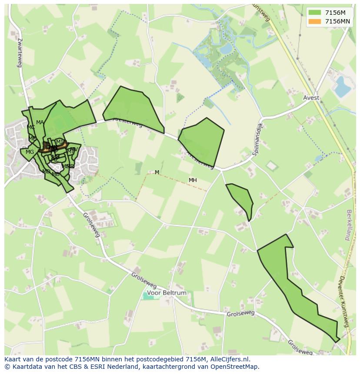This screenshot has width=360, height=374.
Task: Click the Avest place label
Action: tap(311, 98)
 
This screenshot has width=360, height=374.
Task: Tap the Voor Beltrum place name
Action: tap(167, 293)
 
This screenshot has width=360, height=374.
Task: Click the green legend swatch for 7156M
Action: tap(315, 13)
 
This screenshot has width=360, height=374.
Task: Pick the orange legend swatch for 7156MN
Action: tap(315, 21)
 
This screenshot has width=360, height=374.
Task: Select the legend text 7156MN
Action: tap(337, 21)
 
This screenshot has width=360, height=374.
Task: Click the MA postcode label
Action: tap(40, 122)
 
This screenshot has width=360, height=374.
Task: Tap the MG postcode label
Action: tap(30, 152)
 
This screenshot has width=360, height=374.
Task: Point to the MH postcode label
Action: tap(193, 180)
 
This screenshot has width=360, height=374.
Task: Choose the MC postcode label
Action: tap(31, 127)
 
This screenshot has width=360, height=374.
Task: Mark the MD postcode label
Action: tap(46, 172)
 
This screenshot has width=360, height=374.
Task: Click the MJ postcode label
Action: tap(60, 142)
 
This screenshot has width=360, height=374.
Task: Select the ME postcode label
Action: tap(32, 139)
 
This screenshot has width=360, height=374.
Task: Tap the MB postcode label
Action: tap(56, 174)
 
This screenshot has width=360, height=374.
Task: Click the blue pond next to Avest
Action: tap(342, 86)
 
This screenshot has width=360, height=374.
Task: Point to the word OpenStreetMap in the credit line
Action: tap(235, 367)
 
